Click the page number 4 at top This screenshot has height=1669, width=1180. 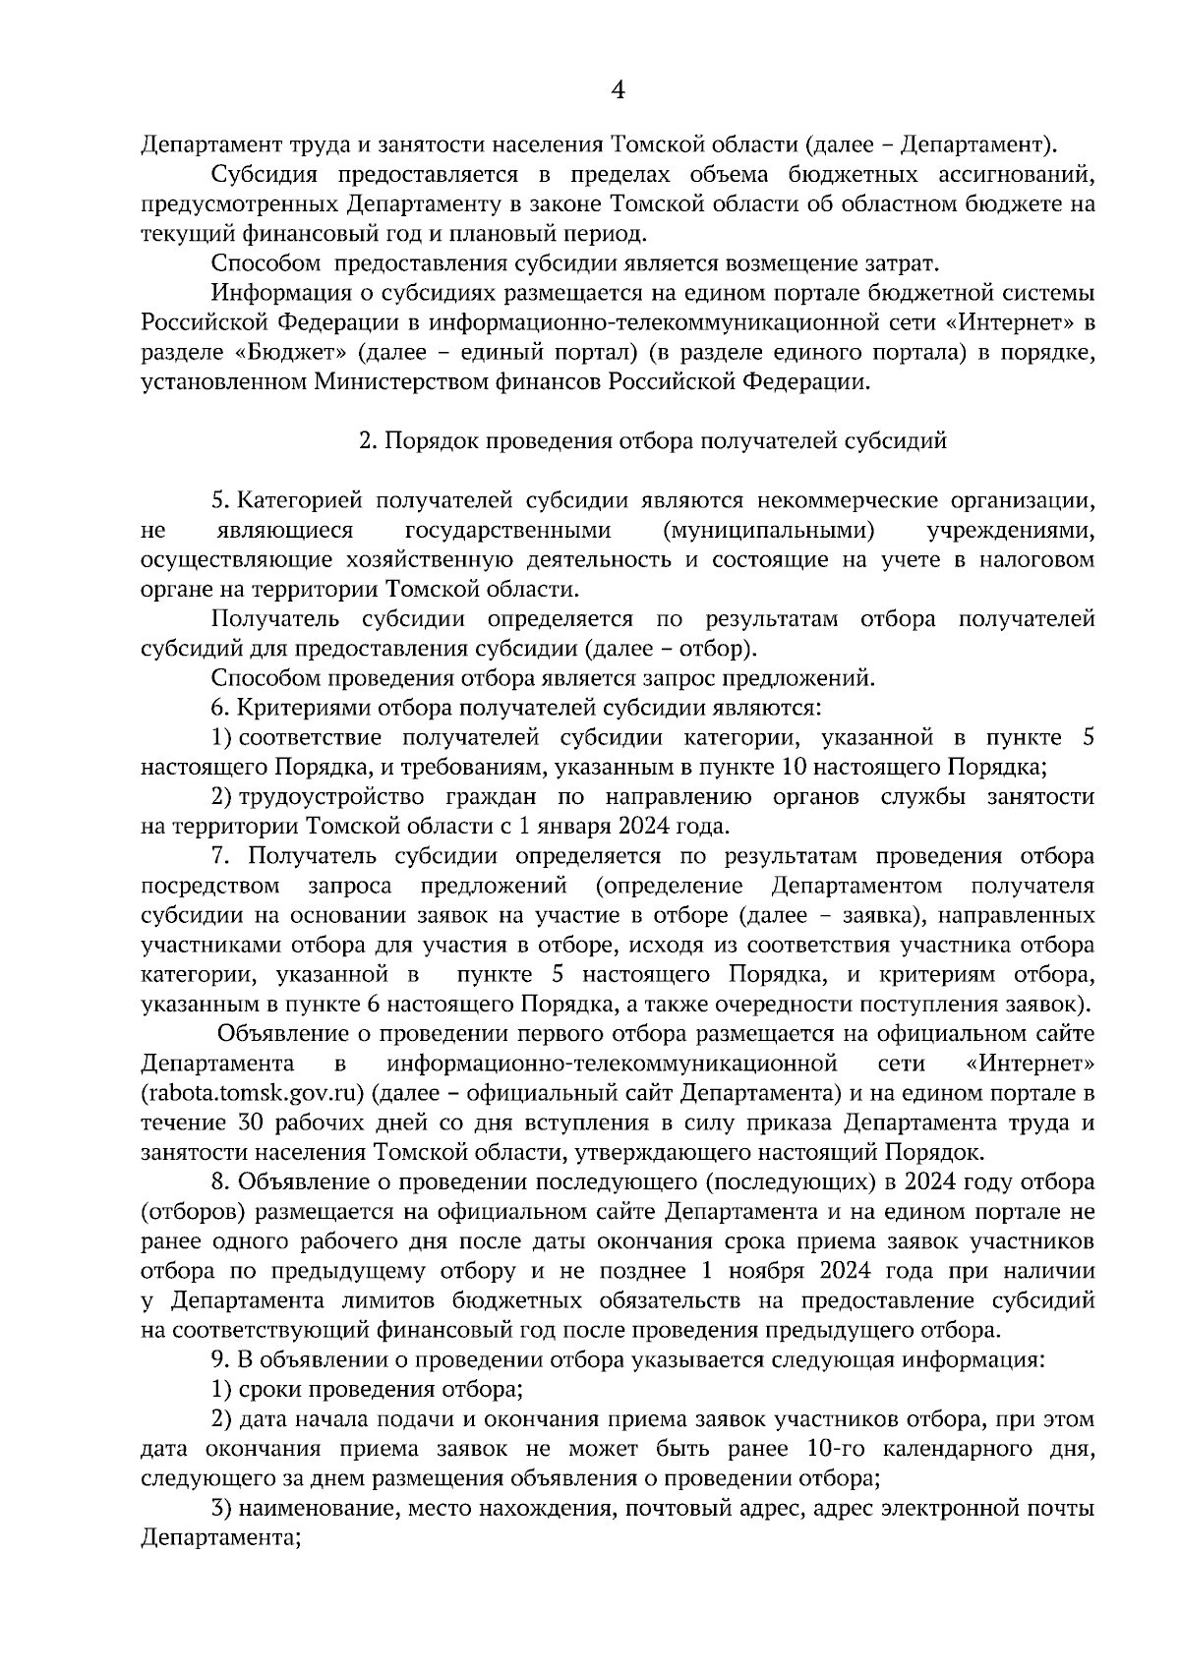tap(618, 90)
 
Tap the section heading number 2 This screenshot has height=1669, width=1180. tap(364, 441)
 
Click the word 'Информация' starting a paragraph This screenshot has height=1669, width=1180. tap(274, 294)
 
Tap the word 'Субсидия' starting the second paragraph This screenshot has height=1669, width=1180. tap(264, 175)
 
